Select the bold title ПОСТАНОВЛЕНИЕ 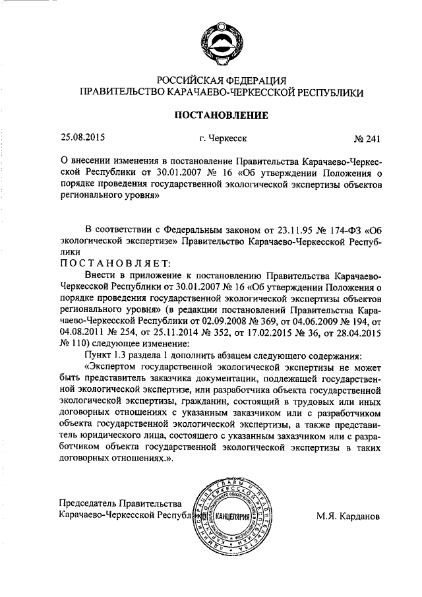pos(220,115)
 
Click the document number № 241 pos(367,139)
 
